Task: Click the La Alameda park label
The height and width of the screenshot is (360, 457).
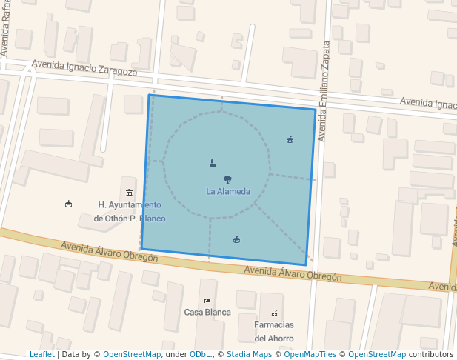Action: point(228,191)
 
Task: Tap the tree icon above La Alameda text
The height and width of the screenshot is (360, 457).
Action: point(227,179)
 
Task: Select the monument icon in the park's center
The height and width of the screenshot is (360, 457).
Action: point(213,162)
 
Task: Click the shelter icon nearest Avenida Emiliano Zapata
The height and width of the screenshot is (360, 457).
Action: point(290,139)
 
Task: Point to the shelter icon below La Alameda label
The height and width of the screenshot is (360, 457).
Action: point(237,239)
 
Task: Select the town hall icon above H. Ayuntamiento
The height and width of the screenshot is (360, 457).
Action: point(130,193)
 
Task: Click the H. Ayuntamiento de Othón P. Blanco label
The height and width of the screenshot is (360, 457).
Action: point(130,211)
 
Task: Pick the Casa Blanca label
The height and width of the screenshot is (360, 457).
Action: point(207,312)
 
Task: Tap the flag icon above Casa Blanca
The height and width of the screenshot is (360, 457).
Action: point(207,300)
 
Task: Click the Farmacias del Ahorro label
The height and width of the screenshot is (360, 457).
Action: point(274,331)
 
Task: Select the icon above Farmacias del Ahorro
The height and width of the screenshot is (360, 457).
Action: point(275,313)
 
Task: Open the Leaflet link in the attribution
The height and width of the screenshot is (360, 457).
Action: point(41,354)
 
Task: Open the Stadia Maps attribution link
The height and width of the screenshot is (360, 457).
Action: point(248,354)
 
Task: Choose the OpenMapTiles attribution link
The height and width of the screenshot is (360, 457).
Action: point(310,354)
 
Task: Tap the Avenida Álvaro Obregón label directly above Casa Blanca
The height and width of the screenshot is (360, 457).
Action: point(293,273)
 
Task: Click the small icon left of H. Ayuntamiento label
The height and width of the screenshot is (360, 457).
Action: point(69,204)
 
